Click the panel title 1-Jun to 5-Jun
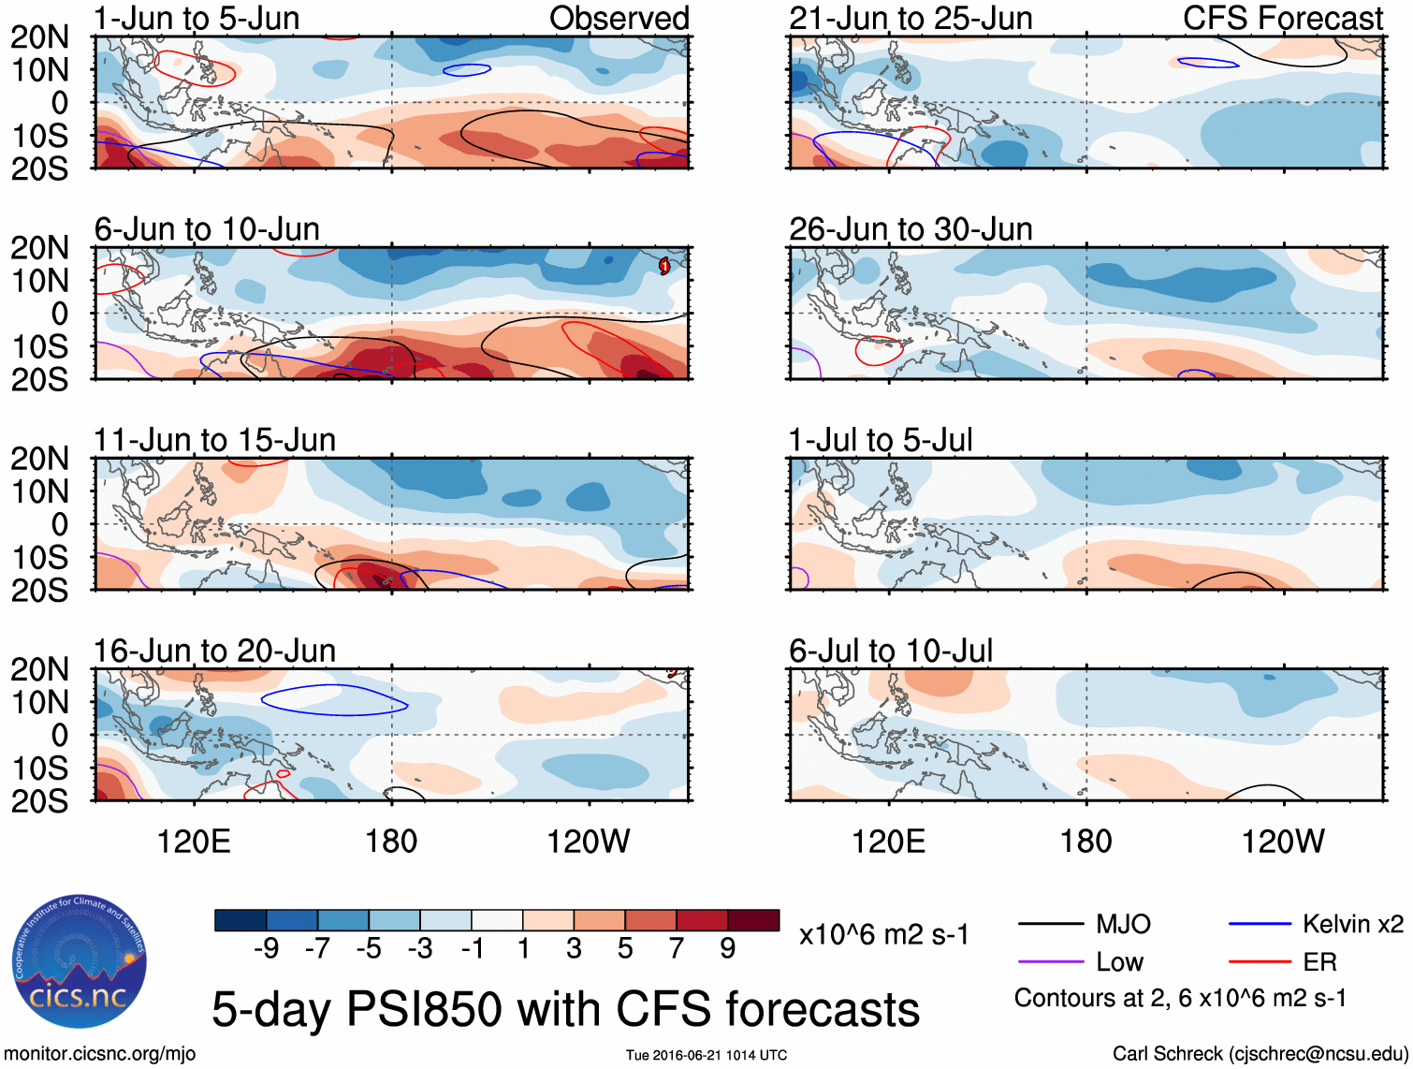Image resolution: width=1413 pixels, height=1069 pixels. tap(197, 18)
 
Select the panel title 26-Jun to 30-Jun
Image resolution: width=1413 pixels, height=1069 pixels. tap(910, 228)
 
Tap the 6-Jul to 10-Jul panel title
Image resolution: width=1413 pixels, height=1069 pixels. tap(891, 650)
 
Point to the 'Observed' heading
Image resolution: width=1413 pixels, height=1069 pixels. tap(619, 18)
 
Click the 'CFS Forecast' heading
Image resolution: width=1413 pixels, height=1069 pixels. tap(1283, 18)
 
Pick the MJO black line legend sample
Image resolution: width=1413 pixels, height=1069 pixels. tap(1050, 924)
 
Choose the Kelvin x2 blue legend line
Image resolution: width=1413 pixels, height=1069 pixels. tap(1260, 924)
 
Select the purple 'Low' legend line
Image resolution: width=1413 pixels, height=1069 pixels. tap(1050, 961)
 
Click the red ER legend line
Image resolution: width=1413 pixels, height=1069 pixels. tap(1260, 961)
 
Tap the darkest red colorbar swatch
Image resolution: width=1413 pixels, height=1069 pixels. tap(753, 920)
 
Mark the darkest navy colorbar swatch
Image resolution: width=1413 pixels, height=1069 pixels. tap(240, 920)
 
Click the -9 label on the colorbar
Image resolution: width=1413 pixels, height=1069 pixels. tap(267, 949)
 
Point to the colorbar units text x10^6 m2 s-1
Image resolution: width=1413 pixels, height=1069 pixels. tap(884, 934)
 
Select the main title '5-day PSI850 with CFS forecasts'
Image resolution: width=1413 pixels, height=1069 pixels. tap(565, 1009)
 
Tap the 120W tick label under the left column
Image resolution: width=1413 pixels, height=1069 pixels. tap(589, 841)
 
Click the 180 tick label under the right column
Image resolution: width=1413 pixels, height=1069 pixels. tap(1085, 841)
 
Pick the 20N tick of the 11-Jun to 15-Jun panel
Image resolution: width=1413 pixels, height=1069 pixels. tap(39, 459)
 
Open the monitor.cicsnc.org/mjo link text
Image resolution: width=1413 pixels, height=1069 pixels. tap(100, 1054)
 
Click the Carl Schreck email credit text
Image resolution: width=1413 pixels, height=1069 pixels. tap(1260, 1054)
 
